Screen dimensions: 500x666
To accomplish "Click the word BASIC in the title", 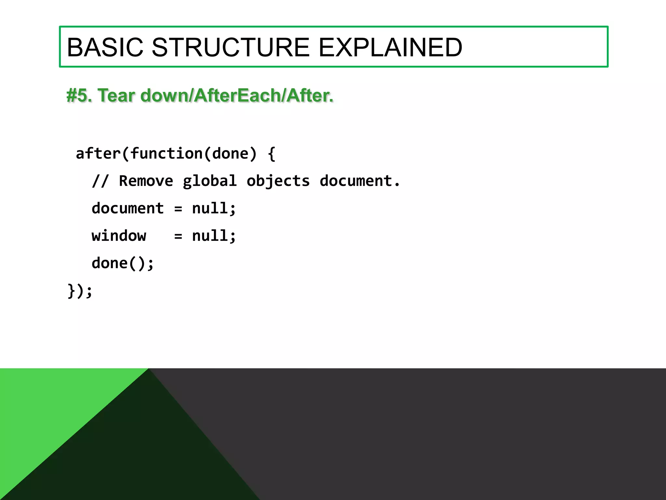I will pos(105,48).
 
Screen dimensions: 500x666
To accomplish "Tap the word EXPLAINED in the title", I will pos(390,48).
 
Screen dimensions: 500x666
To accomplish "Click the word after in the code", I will pos(98,153).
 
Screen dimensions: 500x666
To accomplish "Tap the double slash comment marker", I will pos(100,181).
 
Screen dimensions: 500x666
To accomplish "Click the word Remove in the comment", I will pos(146,181).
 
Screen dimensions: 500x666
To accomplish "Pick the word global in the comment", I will pos(209,181).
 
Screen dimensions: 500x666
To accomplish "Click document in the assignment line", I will pos(127,208).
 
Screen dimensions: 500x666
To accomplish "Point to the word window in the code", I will pos(119,236).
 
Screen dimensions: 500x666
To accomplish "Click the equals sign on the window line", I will pos(178,236).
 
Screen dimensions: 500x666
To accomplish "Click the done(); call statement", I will pos(122,263).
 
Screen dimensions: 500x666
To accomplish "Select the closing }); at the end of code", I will pos(80,291).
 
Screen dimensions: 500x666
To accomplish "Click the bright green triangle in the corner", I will pos(49,410).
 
